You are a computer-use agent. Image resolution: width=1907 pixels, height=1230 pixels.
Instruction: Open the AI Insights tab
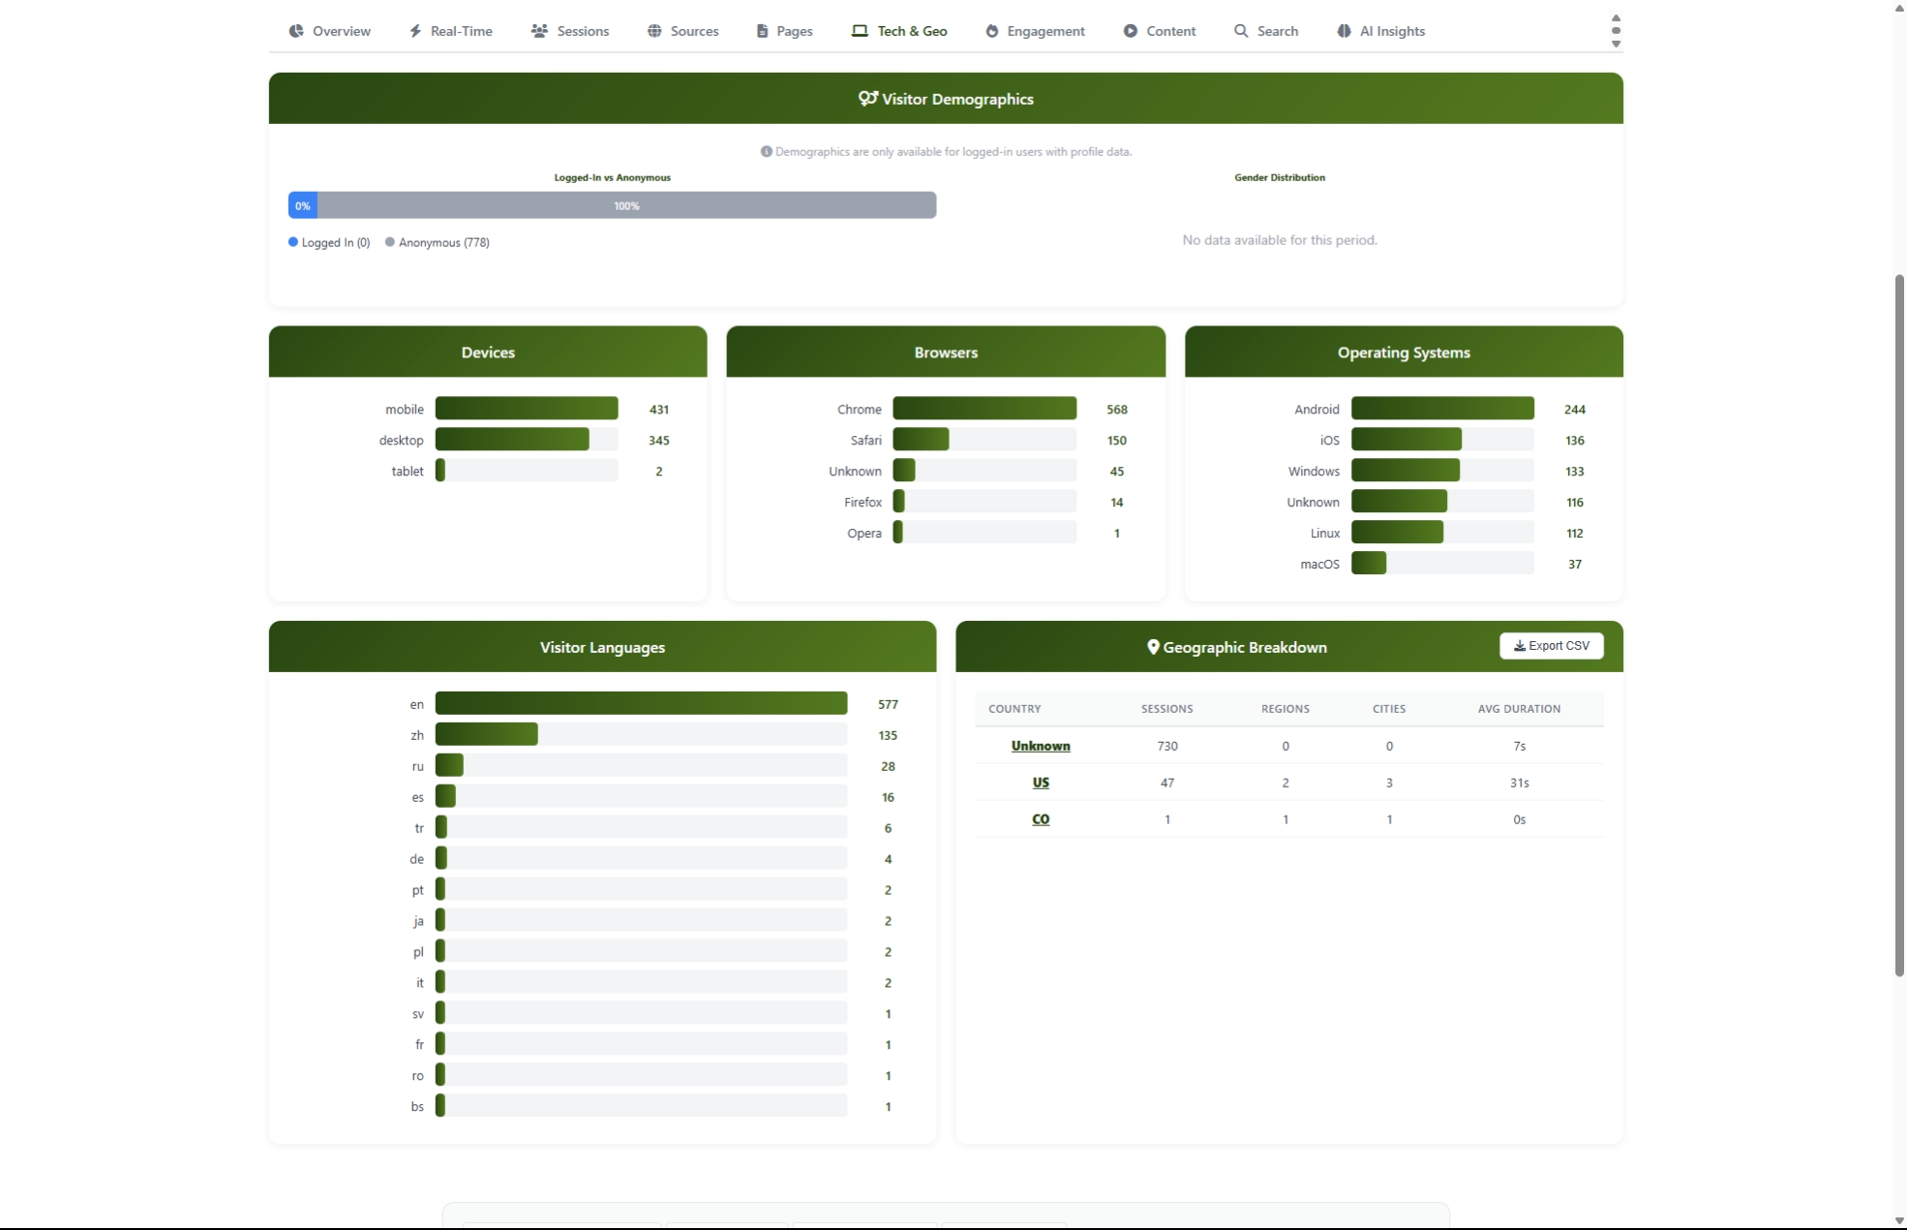coord(1381,31)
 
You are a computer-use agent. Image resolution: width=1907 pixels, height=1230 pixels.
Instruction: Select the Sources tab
coord(683,31)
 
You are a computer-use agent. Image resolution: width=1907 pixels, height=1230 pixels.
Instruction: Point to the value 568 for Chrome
coord(1116,410)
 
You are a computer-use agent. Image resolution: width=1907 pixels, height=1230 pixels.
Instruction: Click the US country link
coord(1041,783)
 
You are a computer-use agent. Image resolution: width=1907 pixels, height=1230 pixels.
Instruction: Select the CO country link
coord(1041,819)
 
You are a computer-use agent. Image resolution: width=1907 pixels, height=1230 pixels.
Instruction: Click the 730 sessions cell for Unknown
coord(1166,746)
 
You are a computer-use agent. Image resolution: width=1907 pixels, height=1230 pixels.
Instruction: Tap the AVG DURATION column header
coord(1518,709)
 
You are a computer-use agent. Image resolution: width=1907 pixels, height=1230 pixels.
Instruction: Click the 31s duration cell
coord(1519,783)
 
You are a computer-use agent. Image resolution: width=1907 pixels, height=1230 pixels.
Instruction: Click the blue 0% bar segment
coord(302,205)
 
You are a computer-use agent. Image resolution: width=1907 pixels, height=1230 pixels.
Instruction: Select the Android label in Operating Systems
coord(1317,410)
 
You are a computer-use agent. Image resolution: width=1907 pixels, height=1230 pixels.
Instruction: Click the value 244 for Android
coord(1574,410)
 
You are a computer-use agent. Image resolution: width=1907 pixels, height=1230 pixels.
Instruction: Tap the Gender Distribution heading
coord(1279,178)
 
